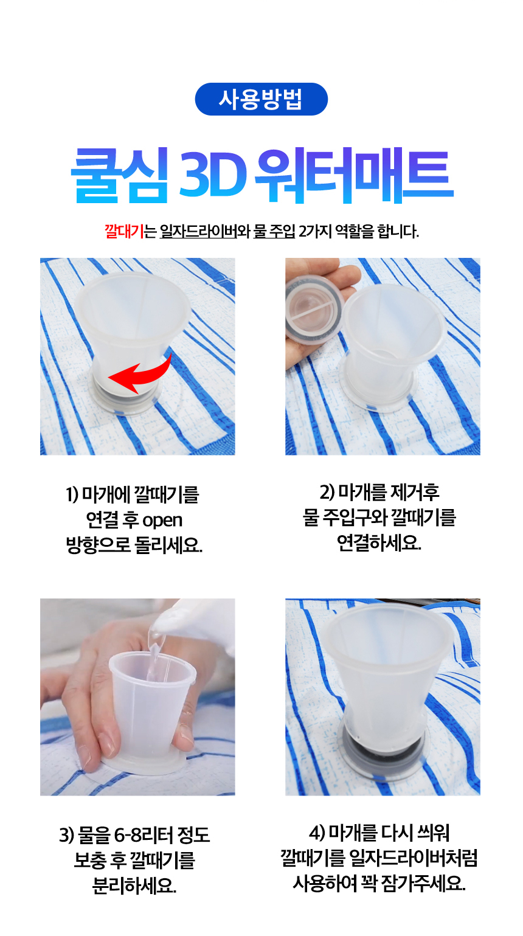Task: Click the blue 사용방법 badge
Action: [x=261, y=99]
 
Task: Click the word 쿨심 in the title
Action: [x=120, y=176]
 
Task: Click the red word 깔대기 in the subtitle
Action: [x=124, y=231]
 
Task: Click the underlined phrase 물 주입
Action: [x=274, y=231]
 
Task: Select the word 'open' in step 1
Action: [x=162, y=521]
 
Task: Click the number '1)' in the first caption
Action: [x=72, y=494]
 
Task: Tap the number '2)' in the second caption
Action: [x=327, y=493]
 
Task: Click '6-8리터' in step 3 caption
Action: [x=143, y=835]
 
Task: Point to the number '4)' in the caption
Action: [x=317, y=833]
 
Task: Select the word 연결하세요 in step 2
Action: [x=379, y=543]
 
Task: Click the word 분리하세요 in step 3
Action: [x=134, y=886]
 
